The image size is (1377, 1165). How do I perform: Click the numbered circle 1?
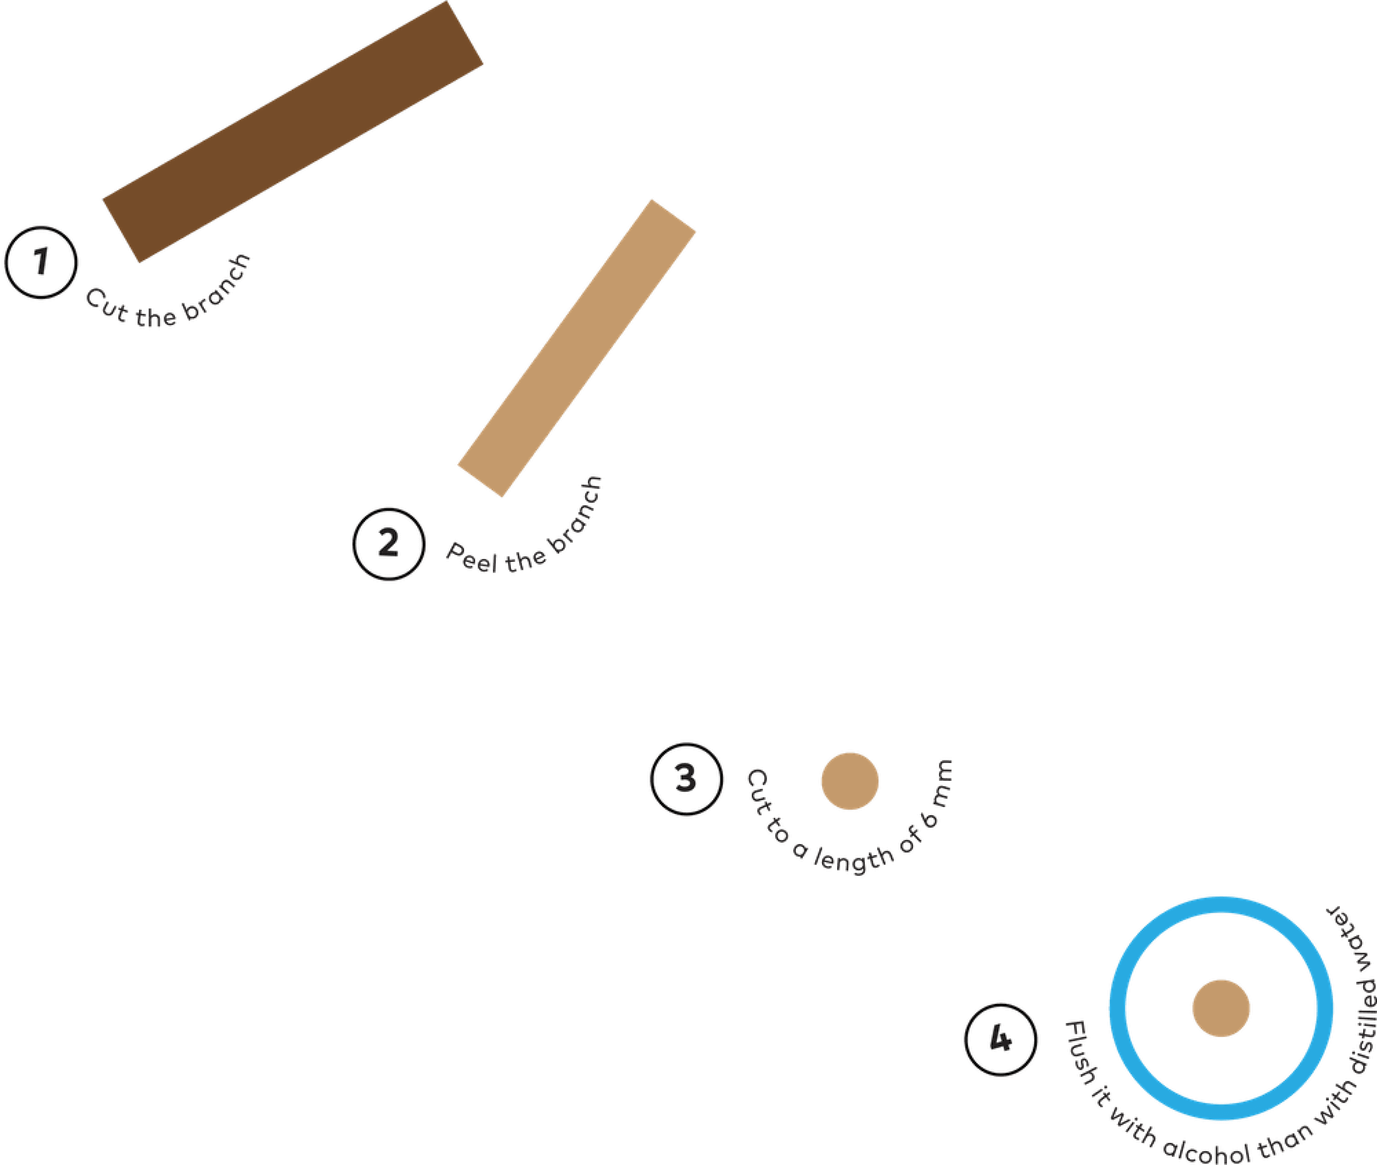pos(41,262)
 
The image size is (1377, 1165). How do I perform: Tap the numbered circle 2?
pos(388,544)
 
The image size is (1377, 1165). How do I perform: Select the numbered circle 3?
pos(686,779)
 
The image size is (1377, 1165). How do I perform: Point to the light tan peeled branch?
pos(576,348)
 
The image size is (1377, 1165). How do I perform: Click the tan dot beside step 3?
pos(849,781)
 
